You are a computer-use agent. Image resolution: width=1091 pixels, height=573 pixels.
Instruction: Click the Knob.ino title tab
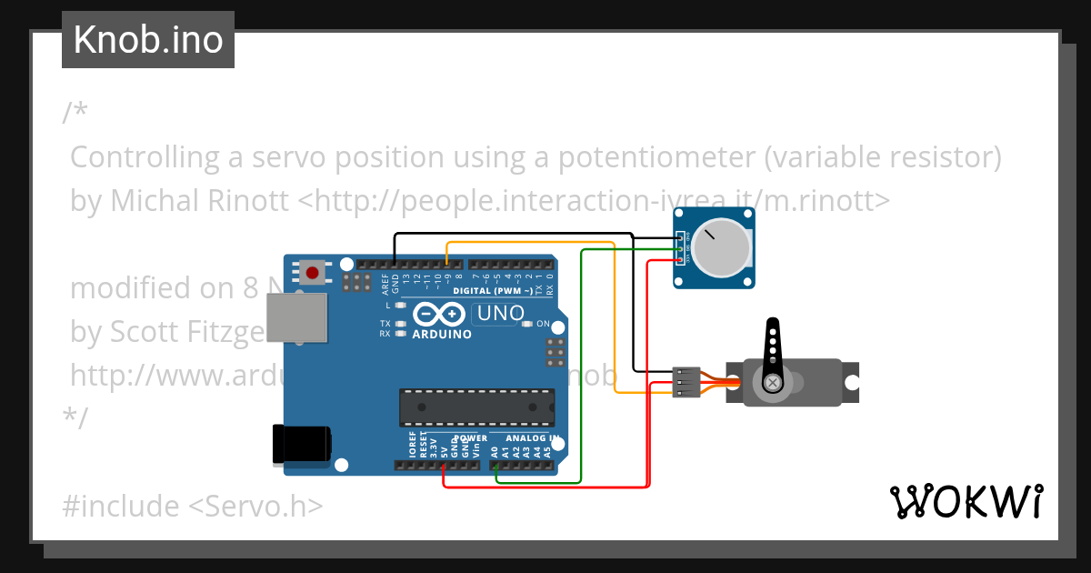tap(147, 40)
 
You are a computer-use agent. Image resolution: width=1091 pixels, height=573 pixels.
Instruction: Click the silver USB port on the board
tap(297, 319)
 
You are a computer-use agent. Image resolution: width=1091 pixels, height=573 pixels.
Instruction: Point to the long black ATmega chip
tap(476, 407)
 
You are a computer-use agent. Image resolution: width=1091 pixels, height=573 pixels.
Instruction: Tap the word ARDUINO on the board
tap(442, 334)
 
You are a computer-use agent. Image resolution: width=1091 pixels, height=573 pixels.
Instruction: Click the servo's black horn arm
tap(773, 350)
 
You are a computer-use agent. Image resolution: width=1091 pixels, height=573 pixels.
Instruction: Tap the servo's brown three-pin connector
tap(687, 382)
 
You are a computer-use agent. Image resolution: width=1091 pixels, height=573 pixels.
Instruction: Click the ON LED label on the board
tap(543, 324)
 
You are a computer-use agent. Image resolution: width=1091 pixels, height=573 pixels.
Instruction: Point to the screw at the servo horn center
tap(773, 383)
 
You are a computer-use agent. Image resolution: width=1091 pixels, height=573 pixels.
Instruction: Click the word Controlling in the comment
tap(145, 157)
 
